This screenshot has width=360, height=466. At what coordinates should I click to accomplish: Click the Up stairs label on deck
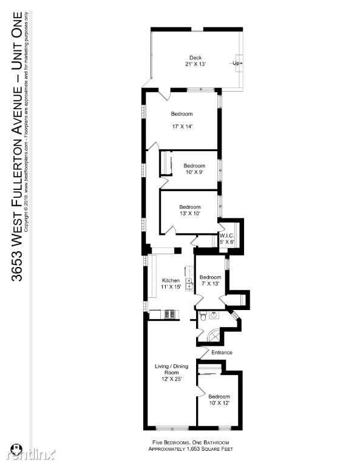[x=235, y=62]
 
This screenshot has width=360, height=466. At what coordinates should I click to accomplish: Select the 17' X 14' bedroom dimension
[x=182, y=127]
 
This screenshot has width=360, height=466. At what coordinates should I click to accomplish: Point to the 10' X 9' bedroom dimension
[x=194, y=173]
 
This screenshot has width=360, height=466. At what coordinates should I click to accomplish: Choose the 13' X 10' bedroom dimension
[x=189, y=214]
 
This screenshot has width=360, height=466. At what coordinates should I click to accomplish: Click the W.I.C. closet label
[x=226, y=235]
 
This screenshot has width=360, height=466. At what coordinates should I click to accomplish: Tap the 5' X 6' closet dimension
[x=227, y=242]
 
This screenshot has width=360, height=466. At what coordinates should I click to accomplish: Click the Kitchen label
[x=171, y=280]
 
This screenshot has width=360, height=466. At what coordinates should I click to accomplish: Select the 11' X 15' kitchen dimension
[x=171, y=286]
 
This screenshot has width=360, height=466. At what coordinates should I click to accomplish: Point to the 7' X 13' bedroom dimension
[x=209, y=283]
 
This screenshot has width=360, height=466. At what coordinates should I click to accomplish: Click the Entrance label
[x=222, y=353]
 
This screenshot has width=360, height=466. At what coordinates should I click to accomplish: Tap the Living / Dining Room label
[x=172, y=370]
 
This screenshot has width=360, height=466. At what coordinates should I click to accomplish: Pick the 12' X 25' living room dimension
[x=172, y=379]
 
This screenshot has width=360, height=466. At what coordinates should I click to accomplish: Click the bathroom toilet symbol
[x=203, y=315]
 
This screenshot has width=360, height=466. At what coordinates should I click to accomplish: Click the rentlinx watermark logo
[x=30, y=453]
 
